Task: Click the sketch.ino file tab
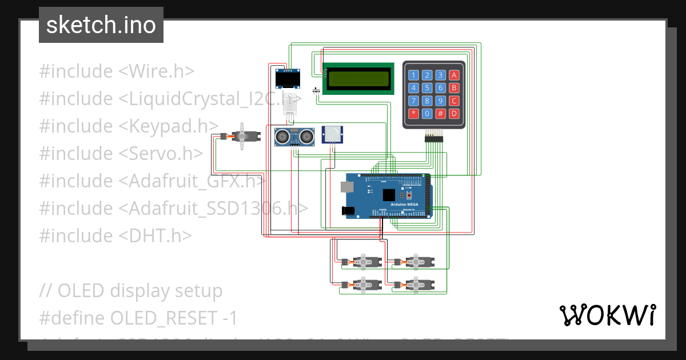101,25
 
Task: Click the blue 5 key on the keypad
426,88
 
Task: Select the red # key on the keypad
440,113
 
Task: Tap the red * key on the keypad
413,113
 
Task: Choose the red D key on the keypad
454,113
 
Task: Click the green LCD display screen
358,78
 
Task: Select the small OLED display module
288,79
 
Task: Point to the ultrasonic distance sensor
295,136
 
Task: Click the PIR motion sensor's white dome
332,134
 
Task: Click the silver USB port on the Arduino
347,187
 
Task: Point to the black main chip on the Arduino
389,194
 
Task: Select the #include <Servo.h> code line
121,153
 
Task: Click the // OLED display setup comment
130,290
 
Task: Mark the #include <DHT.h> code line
115,235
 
